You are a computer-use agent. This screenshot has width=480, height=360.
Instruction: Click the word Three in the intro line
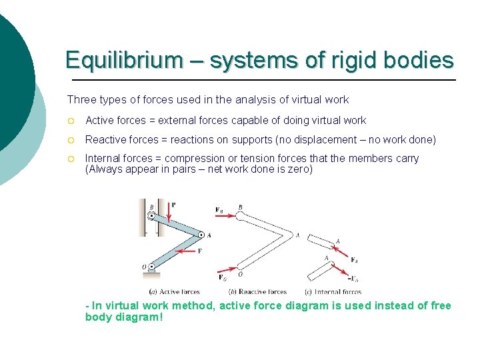(81, 99)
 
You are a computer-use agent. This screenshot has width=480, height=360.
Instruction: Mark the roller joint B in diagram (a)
(152, 216)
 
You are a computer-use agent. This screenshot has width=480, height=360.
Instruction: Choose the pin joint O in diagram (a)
(152, 267)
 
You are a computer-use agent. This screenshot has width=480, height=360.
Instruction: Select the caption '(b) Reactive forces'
(257, 291)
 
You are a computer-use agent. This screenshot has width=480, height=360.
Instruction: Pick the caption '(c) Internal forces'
(333, 291)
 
